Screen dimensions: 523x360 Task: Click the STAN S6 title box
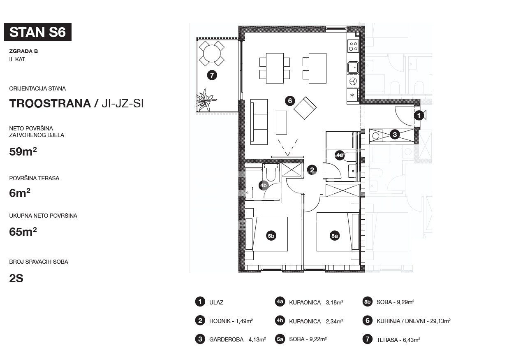point(38,32)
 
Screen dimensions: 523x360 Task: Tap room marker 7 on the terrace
point(212,75)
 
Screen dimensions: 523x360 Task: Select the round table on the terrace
point(212,53)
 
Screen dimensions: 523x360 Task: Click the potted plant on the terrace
point(206,100)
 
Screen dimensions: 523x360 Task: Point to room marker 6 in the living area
point(290,101)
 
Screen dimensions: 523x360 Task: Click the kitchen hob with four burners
point(353,46)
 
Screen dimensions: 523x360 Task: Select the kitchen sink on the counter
point(353,67)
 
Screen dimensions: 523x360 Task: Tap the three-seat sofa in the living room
point(259,122)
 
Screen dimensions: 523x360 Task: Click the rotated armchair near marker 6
point(305,108)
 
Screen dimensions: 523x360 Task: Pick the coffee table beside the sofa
point(281,123)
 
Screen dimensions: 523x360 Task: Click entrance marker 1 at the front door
point(419,115)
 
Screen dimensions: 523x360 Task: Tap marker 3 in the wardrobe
point(395,135)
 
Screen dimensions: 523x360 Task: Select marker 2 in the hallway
point(312,170)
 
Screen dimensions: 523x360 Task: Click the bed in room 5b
point(266,234)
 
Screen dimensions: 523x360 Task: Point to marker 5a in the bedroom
point(335,236)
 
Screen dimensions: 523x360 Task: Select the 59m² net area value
point(23,151)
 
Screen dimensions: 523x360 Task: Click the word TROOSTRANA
point(50,104)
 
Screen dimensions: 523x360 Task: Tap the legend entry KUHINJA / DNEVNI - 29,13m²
point(407,321)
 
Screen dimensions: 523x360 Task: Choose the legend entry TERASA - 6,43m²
point(391,339)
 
